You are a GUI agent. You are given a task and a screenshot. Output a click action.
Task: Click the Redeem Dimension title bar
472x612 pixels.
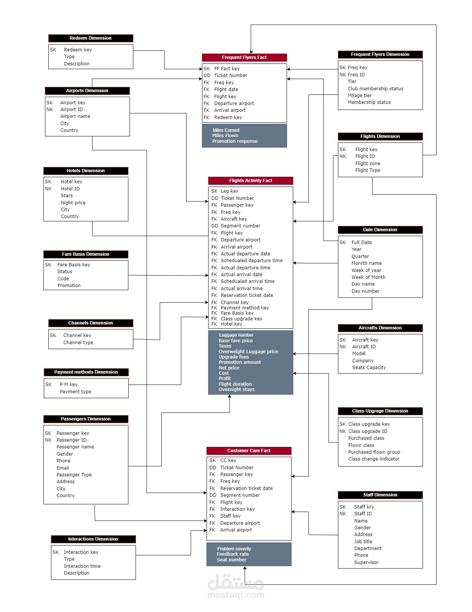tap(91, 38)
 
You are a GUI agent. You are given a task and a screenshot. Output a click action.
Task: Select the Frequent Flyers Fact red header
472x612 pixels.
tap(244, 57)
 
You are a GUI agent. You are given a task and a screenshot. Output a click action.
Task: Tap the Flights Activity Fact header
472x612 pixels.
tap(250, 181)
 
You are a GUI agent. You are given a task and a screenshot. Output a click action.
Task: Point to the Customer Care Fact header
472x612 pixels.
tap(249, 451)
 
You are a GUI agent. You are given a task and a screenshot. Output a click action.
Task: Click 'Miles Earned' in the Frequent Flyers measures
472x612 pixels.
tap(226, 130)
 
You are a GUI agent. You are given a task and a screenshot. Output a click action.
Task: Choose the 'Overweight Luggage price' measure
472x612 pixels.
tap(248, 352)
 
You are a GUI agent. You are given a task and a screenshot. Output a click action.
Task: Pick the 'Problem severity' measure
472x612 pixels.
tap(234, 549)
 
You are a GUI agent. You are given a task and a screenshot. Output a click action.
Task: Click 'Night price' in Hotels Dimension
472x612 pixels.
tap(73, 203)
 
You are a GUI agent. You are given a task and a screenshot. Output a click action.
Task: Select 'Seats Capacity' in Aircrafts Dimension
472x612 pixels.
tap(369, 368)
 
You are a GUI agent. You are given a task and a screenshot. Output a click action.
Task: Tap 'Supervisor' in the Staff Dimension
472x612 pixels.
tap(366, 563)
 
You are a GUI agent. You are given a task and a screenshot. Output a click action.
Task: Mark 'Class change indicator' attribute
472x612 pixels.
tap(374, 459)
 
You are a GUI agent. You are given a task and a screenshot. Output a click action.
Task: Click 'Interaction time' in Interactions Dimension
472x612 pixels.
tap(82, 566)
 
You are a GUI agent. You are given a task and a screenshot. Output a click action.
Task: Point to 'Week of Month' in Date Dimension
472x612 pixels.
tap(369, 277)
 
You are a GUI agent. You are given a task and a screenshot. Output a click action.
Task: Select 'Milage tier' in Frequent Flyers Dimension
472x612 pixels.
tap(359, 96)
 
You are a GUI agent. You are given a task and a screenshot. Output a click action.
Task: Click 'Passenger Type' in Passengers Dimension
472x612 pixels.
tap(74, 475)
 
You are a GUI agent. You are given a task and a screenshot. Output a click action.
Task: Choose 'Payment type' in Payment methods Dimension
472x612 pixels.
tap(76, 392)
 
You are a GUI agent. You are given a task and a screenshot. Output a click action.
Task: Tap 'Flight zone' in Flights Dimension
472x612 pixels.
tap(368, 164)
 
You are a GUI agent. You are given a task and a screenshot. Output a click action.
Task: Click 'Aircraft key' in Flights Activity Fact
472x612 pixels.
tap(234, 219)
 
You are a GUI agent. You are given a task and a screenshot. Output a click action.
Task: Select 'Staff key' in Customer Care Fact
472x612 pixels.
tap(230, 516)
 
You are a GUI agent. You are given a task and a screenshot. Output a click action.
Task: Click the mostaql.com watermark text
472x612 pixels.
tap(236, 595)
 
